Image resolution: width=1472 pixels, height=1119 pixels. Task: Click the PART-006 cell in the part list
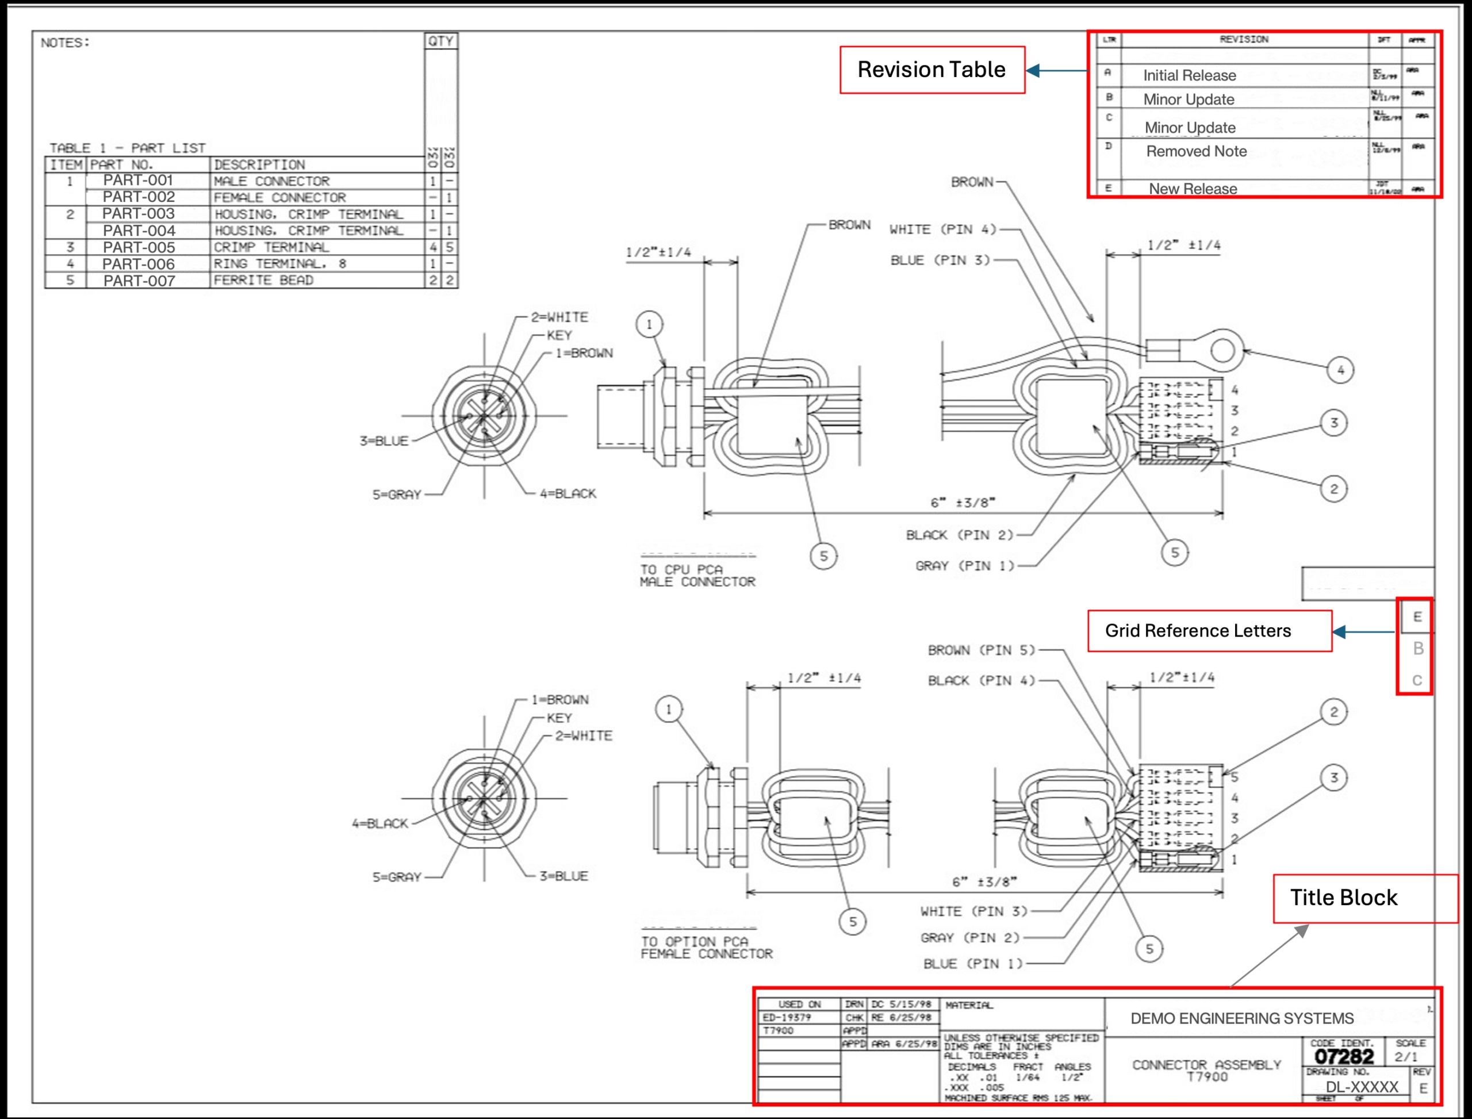139,264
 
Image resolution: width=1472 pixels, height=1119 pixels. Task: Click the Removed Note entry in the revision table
1196,151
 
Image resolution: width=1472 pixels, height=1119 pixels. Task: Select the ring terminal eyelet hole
1223,350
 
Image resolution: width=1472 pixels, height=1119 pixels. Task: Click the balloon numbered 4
1340,370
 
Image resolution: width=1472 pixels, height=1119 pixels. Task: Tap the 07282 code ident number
1343,1056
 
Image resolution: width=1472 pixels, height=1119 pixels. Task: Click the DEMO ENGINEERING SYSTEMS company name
1241,1018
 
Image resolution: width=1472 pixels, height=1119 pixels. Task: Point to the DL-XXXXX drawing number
1362,1087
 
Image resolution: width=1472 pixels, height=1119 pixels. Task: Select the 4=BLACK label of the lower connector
380,823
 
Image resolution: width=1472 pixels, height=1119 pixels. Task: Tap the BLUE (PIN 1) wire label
972,964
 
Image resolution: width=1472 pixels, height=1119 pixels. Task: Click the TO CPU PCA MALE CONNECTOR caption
697,576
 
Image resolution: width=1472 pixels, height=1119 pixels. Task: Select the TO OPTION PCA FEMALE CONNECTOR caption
706,948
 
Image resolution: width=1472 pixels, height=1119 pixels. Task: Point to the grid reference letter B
1418,648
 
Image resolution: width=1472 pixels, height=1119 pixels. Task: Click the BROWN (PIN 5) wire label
981,650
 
